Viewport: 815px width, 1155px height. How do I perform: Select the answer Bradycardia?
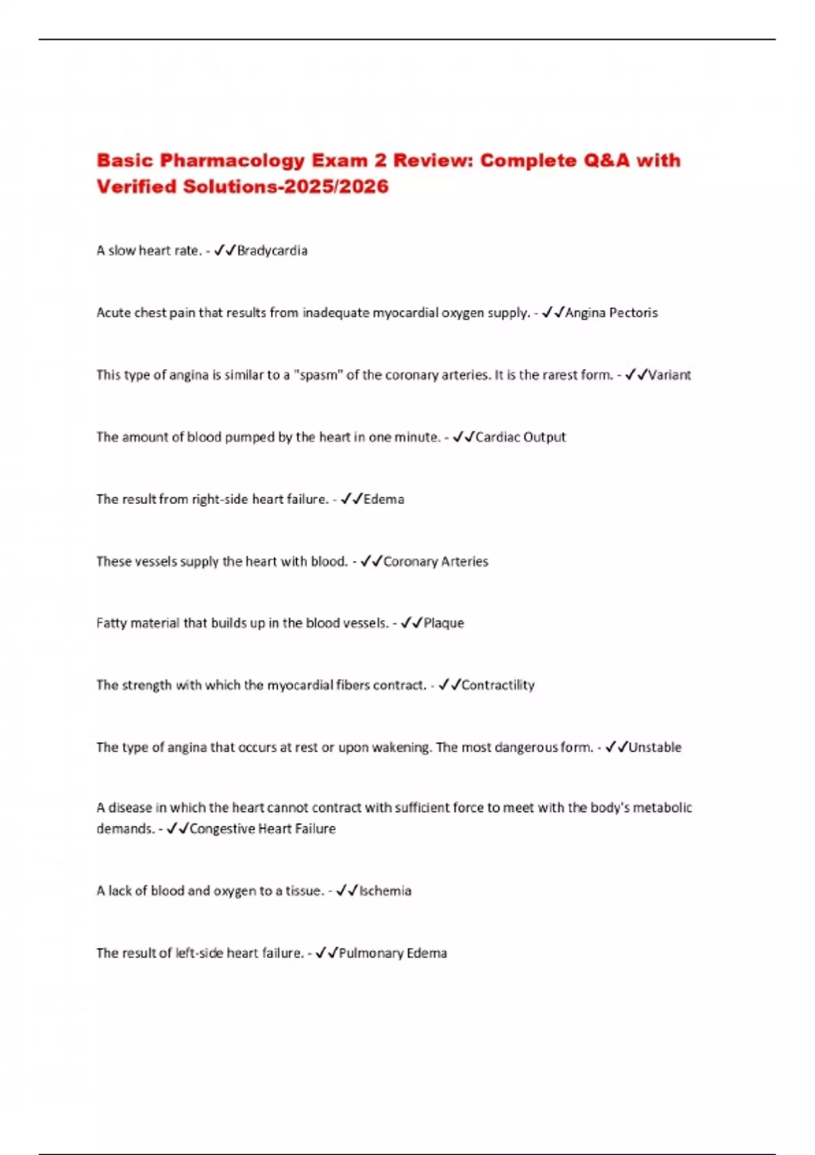[x=272, y=251]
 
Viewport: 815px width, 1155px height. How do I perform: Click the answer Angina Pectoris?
[x=611, y=313]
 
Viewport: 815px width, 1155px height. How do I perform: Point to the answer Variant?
[x=670, y=375]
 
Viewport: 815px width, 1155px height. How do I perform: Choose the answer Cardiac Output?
[x=520, y=437]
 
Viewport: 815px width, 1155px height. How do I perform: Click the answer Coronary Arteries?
[x=435, y=561]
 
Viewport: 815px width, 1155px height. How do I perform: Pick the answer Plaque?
[x=443, y=623]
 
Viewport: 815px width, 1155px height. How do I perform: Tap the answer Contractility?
[x=498, y=685]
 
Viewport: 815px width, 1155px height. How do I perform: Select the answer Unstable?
[x=655, y=747]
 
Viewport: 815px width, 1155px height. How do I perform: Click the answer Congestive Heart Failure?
[x=262, y=829]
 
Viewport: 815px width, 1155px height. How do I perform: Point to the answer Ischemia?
[x=385, y=891]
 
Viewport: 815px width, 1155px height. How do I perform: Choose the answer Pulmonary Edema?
[x=393, y=953]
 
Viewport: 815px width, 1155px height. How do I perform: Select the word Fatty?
[x=111, y=623]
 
